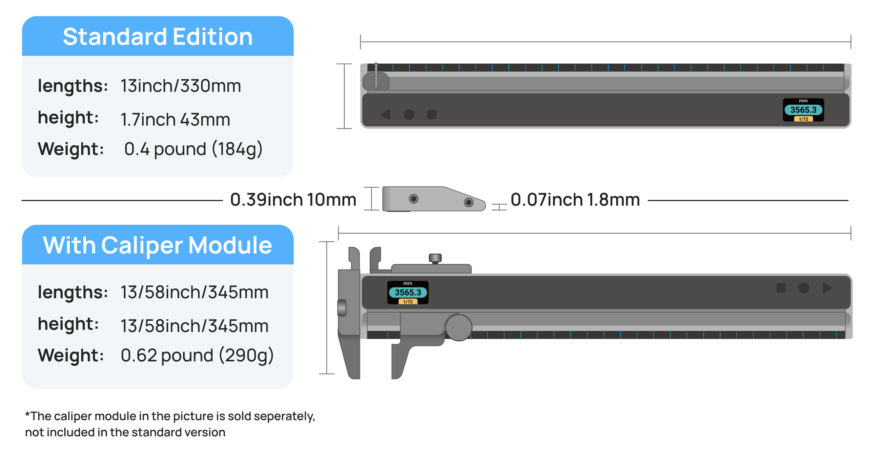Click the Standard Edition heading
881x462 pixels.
[x=158, y=37]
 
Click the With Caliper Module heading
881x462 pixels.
[x=158, y=245]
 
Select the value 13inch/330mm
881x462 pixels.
[x=181, y=85]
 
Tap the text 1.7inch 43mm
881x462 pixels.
[x=175, y=119]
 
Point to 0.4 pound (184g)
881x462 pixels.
[x=193, y=149]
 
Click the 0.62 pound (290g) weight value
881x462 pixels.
[x=197, y=355]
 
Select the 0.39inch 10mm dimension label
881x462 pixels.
[x=293, y=200]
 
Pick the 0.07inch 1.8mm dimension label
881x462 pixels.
[x=575, y=200]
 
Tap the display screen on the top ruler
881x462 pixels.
[x=803, y=110]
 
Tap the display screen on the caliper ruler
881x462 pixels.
[x=408, y=293]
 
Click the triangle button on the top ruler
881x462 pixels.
[x=386, y=115]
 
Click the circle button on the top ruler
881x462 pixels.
[x=409, y=115]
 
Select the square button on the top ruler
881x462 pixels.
[x=432, y=115]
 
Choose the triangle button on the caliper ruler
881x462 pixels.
[x=827, y=288]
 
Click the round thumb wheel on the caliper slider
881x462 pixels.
[x=458, y=327]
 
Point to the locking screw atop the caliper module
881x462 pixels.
[x=435, y=258]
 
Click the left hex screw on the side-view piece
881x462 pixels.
[x=413, y=199]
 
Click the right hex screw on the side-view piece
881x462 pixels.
[x=469, y=202]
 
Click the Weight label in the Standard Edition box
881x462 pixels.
[x=70, y=149]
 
